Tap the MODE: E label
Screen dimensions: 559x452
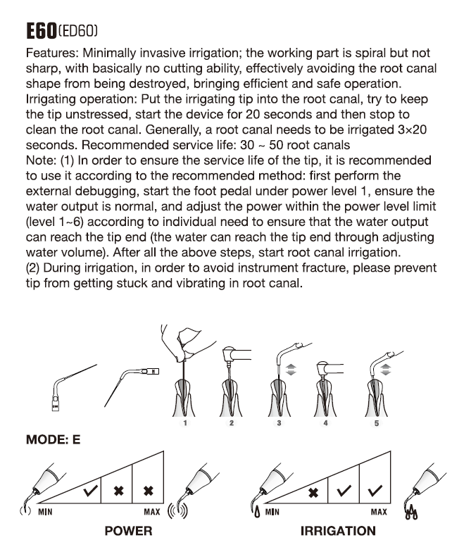[53, 440]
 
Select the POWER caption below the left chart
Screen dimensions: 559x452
[127, 531]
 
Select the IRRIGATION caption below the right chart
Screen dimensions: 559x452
[338, 531]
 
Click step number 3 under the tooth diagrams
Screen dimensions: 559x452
[279, 424]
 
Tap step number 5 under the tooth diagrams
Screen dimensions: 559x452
[376, 424]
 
